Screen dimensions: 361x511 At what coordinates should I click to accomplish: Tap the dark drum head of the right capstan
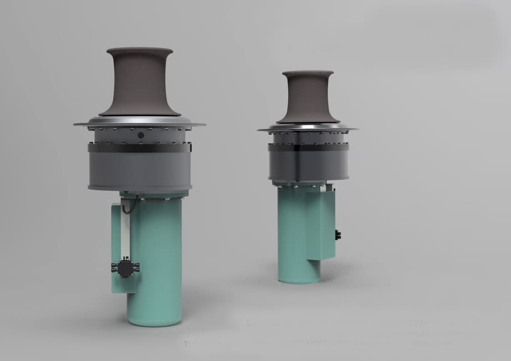pos(308,98)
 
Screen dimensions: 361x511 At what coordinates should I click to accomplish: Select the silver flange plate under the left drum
pos(139,121)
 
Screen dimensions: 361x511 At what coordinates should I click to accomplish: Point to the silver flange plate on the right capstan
pos(308,128)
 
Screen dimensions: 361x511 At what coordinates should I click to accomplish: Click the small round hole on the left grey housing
pos(141,135)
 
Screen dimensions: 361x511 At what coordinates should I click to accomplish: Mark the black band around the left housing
pos(139,148)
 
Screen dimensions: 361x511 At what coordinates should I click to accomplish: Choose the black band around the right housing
pos(308,147)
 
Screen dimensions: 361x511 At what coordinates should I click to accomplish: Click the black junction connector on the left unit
pos(126,267)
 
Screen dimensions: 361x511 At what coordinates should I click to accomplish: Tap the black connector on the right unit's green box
pos(338,235)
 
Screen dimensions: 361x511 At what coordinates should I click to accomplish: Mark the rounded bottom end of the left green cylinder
pos(154,320)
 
